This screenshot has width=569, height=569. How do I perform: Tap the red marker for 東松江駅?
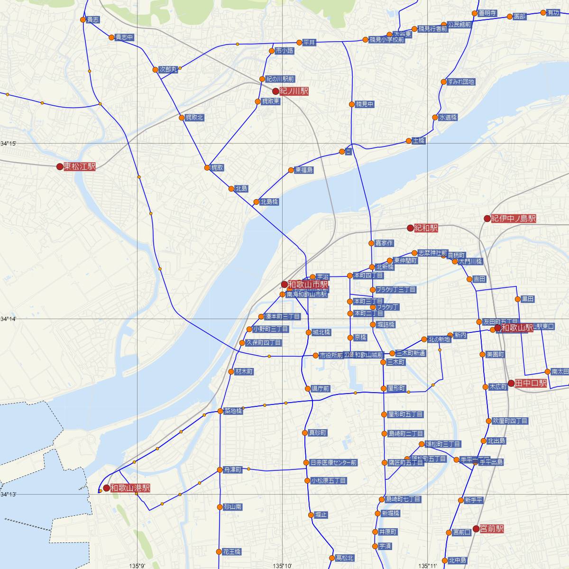point(60,166)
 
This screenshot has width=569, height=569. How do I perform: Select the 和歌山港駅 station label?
point(130,487)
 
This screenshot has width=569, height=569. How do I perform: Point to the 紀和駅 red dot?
point(410,228)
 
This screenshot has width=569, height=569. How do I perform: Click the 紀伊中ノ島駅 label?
point(514,219)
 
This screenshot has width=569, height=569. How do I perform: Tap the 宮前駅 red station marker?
point(476,528)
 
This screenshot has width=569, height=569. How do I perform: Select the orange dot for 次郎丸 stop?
point(155,70)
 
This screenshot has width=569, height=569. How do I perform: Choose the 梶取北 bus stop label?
point(194,118)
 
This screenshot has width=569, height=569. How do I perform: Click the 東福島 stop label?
point(303,170)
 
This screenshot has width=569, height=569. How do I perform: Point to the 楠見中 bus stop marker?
point(352,104)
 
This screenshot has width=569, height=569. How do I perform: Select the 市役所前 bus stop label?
point(331,355)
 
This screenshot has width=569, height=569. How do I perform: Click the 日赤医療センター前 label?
point(333,463)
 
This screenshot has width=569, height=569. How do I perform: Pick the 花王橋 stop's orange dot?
point(219,552)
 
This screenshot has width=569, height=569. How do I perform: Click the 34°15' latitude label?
point(9,143)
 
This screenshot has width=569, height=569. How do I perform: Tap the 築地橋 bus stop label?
point(233,411)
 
